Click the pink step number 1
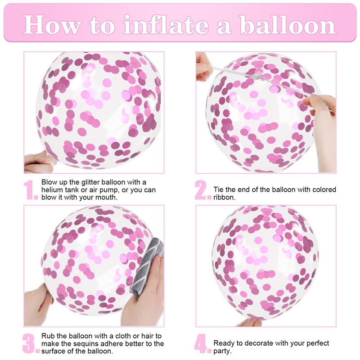(31, 190)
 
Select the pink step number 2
(202, 190)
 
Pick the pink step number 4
(202, 344)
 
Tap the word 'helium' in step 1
(52, 190)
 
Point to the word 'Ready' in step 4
(224, 343)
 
